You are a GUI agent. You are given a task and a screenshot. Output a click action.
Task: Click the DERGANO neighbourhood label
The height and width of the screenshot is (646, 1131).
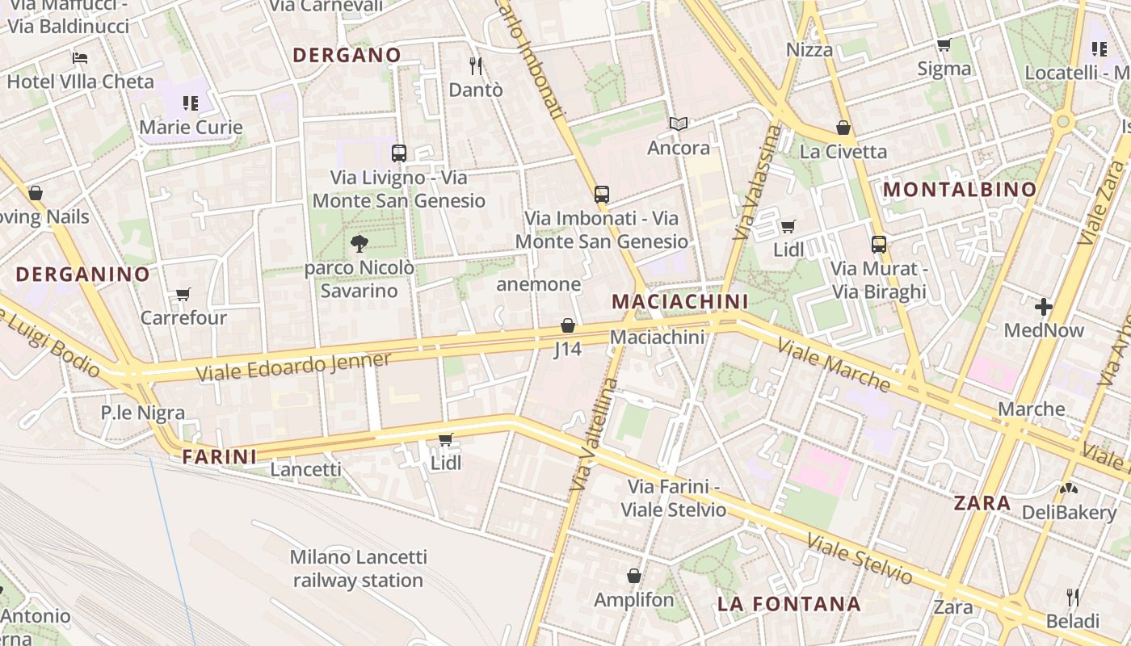click(x=347, y=55)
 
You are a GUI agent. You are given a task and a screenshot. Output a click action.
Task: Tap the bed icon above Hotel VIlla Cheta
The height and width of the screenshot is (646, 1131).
click(x=80, y=58)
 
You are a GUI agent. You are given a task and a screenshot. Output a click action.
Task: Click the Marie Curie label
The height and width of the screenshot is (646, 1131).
click(x=191, y=127)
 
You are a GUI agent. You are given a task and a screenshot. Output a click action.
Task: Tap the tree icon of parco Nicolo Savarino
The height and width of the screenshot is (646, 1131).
click(x=359, y=242)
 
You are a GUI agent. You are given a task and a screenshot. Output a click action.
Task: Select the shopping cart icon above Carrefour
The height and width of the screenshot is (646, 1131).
click(x=183, y=294)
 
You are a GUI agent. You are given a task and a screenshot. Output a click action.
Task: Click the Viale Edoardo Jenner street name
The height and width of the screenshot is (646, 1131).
click(x=294, y=367)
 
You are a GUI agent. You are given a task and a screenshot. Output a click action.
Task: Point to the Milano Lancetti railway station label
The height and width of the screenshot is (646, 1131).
click(x=358, y=568)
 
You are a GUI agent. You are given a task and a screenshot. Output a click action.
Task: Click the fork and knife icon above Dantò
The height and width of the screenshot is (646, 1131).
click(x=476, y=65)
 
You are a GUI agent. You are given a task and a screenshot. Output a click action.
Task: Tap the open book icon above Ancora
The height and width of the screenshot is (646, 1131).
click(x=679, y=124)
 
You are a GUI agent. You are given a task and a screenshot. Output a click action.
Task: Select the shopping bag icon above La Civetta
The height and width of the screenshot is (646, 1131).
click(x=843, y=128)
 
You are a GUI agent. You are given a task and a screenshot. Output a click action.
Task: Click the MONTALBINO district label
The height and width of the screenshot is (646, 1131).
click(x=960, y=190)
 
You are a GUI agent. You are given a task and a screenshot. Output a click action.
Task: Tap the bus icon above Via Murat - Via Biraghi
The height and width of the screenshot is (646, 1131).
click(x=879, y=244)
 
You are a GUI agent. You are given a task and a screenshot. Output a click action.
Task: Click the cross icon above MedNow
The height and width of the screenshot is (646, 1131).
click(x=1044, y=307)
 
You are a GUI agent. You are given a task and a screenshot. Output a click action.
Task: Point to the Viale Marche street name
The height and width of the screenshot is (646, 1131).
click(x=834, y=366)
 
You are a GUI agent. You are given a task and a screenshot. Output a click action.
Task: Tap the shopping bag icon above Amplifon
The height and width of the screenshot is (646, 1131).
click(x=634, y=576)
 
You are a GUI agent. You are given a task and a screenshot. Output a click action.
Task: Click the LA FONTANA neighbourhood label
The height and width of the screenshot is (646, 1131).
click(x=788, y=604)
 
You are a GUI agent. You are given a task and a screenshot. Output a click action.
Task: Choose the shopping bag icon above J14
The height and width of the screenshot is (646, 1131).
click(x=568, y=325)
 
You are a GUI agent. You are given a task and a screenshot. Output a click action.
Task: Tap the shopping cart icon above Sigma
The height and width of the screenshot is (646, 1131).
click(x=944, y=44)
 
